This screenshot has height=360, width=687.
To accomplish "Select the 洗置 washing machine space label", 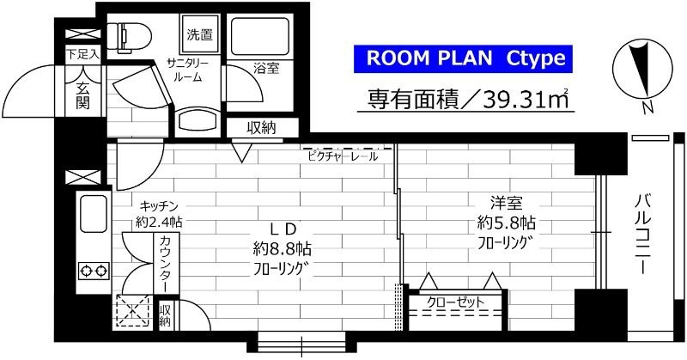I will (x=201, y=35).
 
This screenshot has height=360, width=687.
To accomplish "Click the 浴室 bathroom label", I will (x=265, y=68).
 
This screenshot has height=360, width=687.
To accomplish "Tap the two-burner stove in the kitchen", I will (x=93, y=272).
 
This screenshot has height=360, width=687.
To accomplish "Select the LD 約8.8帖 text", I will (x=284, y=248).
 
